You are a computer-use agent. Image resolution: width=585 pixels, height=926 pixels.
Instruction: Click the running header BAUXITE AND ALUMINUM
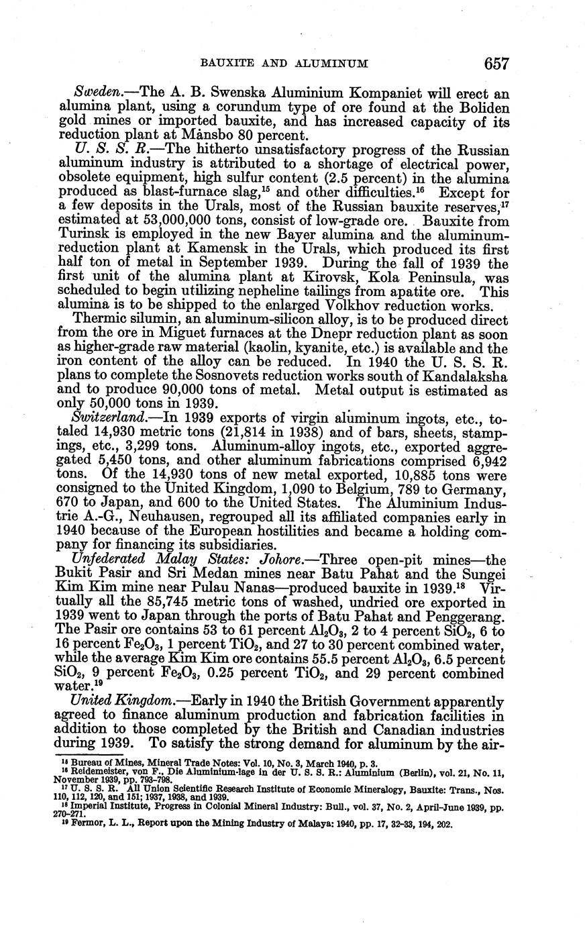point(284,64)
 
